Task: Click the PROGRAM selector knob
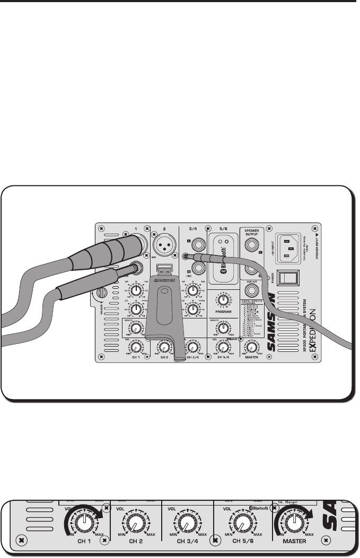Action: pos(223,300)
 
